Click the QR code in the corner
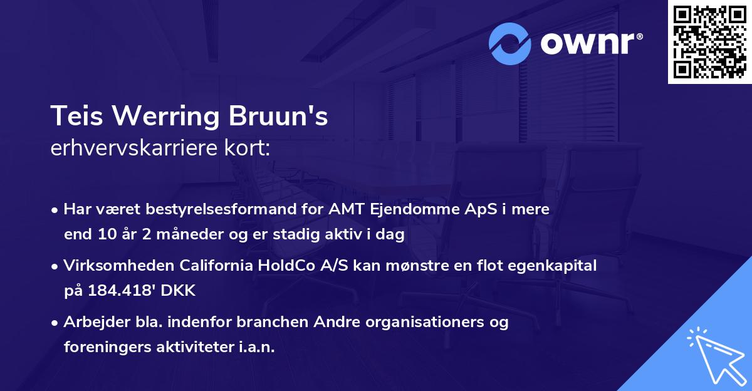[710, 41]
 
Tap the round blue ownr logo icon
[510, 43]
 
